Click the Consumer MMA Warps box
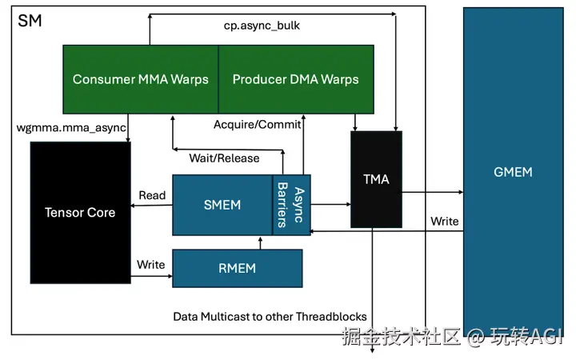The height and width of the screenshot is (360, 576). coord(140,79)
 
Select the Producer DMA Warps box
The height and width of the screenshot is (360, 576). coord(295,79)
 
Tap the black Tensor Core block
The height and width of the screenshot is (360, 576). coord(79,212)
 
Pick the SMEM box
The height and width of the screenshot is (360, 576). coord(222,205)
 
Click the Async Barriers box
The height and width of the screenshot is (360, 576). coord(291,205)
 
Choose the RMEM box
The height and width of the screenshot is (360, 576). coord(238,268)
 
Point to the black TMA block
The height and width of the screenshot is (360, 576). coord(376,179)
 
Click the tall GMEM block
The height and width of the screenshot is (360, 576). coord(513,171)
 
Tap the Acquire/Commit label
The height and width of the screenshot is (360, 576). coord(257,125)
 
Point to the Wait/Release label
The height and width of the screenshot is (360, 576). coord(224,158)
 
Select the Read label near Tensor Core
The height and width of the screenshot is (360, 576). coord(152,195)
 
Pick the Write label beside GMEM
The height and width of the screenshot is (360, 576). coord(445,221)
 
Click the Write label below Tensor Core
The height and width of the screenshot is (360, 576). coord(151,265)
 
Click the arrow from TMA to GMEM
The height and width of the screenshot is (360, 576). coord(432,192)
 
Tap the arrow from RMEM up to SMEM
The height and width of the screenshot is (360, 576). coord(260,242)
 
